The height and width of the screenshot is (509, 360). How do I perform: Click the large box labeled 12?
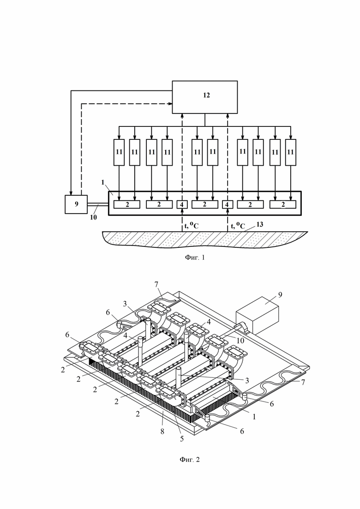(x=204, y=97)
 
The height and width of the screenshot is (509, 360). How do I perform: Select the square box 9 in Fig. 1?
(x=76, y=204)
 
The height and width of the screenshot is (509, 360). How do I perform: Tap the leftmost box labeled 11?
(x=119, y=152)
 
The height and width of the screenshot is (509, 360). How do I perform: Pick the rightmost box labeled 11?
(x=290, y=152)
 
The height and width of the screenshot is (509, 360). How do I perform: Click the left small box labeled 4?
(x=182, y=204)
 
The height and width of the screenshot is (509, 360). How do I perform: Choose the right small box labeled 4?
(x=227, y=204)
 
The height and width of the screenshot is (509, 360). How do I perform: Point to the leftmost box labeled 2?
(x=127, y=204)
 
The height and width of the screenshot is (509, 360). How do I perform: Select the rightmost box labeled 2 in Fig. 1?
(x=283, y=204)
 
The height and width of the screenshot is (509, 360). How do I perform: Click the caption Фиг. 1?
(x=195, y=258)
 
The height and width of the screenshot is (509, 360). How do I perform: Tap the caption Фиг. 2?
(x=190, y=460)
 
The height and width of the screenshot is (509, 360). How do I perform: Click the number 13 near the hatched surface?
(x=259, y=224)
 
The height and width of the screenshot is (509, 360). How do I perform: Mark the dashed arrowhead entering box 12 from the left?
(x=170, y=104)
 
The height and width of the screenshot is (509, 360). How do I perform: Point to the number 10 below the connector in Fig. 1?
(x=93, y=217)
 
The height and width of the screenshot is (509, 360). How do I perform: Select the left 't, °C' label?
(x=192, y=225)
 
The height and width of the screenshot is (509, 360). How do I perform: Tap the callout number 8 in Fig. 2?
(x=162, y=431)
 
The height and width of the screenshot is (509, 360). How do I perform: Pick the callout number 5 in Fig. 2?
(x=182, y=439)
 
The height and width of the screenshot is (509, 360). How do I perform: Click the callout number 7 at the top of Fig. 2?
(x=156, y=284)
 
